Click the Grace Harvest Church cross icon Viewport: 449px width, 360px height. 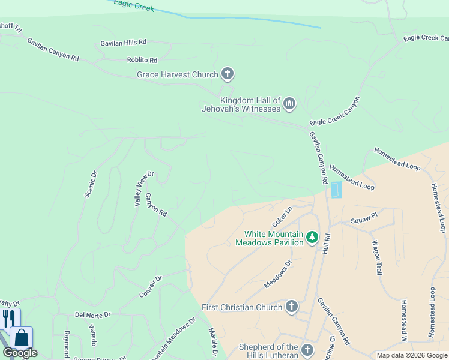227,74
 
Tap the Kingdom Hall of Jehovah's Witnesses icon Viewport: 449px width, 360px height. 289,104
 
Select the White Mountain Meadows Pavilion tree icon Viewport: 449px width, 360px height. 312,238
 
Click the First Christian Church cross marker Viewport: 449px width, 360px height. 291,307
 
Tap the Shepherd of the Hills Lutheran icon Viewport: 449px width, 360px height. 307,350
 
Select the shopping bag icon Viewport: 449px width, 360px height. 22,337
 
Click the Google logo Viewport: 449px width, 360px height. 20,353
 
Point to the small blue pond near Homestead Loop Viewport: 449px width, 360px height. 336,190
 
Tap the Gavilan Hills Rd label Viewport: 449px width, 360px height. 124,42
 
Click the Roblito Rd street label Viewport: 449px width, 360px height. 142,60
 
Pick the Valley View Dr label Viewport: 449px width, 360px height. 144,189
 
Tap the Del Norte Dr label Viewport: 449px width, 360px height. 92,314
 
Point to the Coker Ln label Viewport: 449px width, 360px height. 282,214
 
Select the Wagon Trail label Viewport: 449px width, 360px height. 378,257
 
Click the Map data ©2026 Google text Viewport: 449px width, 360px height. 411,355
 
